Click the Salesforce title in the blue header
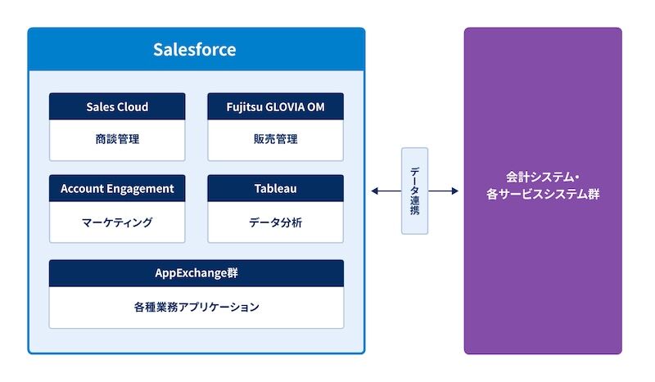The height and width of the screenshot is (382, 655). (x=195, y=50)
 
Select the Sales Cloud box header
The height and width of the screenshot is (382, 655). (x=117, y=107)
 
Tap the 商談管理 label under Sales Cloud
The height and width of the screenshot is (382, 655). (x=117, y=139)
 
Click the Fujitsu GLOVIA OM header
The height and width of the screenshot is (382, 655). (x=275, y=107)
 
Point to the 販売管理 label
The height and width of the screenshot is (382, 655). (x=275, y=139)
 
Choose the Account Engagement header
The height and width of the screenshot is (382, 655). (x=117, y=189)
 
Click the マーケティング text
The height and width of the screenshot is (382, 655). (x=117, y=222)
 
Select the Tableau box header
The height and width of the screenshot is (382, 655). (x=275, y=189)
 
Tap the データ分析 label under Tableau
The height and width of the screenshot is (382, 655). (x=275, y=222)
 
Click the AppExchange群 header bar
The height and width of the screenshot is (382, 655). (x=196, y=273)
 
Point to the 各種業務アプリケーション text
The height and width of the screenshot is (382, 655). (x=196, y=308)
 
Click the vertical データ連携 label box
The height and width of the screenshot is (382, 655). (x=414, y=191)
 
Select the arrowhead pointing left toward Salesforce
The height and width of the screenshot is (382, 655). (x=374, y=191)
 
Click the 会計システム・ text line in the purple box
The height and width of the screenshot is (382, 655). (x=543, y=176)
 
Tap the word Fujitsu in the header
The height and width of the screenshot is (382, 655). (x=246, y=107)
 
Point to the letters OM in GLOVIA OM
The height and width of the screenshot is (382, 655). (x=314, y=107)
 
